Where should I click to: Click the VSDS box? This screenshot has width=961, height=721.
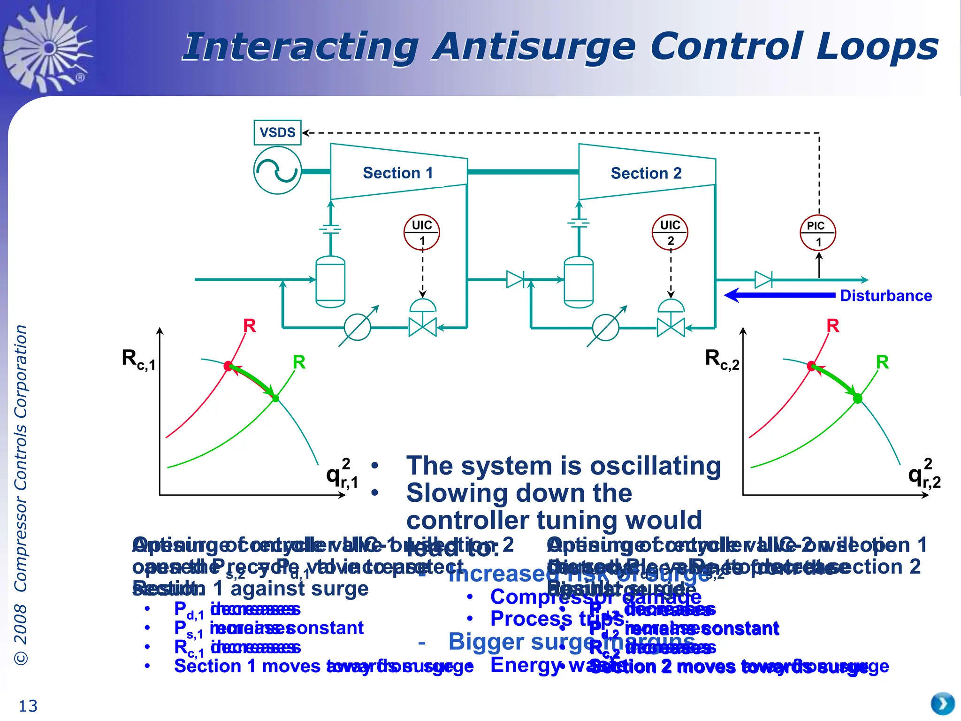(x=277, y=132)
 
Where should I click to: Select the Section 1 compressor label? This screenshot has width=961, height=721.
(x=398, y=173)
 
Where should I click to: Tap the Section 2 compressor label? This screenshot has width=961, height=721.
(x=646, y=173)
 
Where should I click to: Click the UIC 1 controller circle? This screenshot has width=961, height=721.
(x=422, y=232)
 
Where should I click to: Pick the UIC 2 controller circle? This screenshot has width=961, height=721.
(x=670, y=232)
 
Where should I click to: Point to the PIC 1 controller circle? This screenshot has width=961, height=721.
(x=818, y=233)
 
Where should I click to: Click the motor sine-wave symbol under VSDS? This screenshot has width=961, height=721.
(x=277, y=170)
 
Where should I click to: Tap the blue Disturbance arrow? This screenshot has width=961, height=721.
(x=779, y=295)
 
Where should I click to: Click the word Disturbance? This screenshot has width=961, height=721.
(x=885, y=296)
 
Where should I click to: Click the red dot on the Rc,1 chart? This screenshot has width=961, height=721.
(x=228, y=366)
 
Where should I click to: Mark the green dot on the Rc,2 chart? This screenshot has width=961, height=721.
(x=858, y=399)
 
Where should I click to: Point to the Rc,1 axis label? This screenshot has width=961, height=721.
(x=138, y=360)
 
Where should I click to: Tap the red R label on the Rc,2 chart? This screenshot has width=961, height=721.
(x=832, y=325)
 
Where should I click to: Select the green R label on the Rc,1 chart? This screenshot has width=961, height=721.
(x=299, y=362)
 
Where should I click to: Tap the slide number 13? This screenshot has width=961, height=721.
(x=28, y=706)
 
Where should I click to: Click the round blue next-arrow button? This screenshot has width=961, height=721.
(x=943, y=704)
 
